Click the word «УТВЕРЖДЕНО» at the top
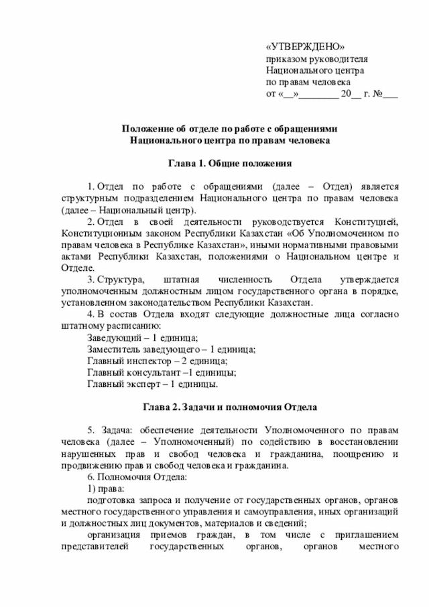point(305,46)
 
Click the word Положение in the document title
point(144,128)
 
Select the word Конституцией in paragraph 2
point(363,222)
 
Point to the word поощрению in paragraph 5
point(361,454)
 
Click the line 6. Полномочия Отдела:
point(138,477)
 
